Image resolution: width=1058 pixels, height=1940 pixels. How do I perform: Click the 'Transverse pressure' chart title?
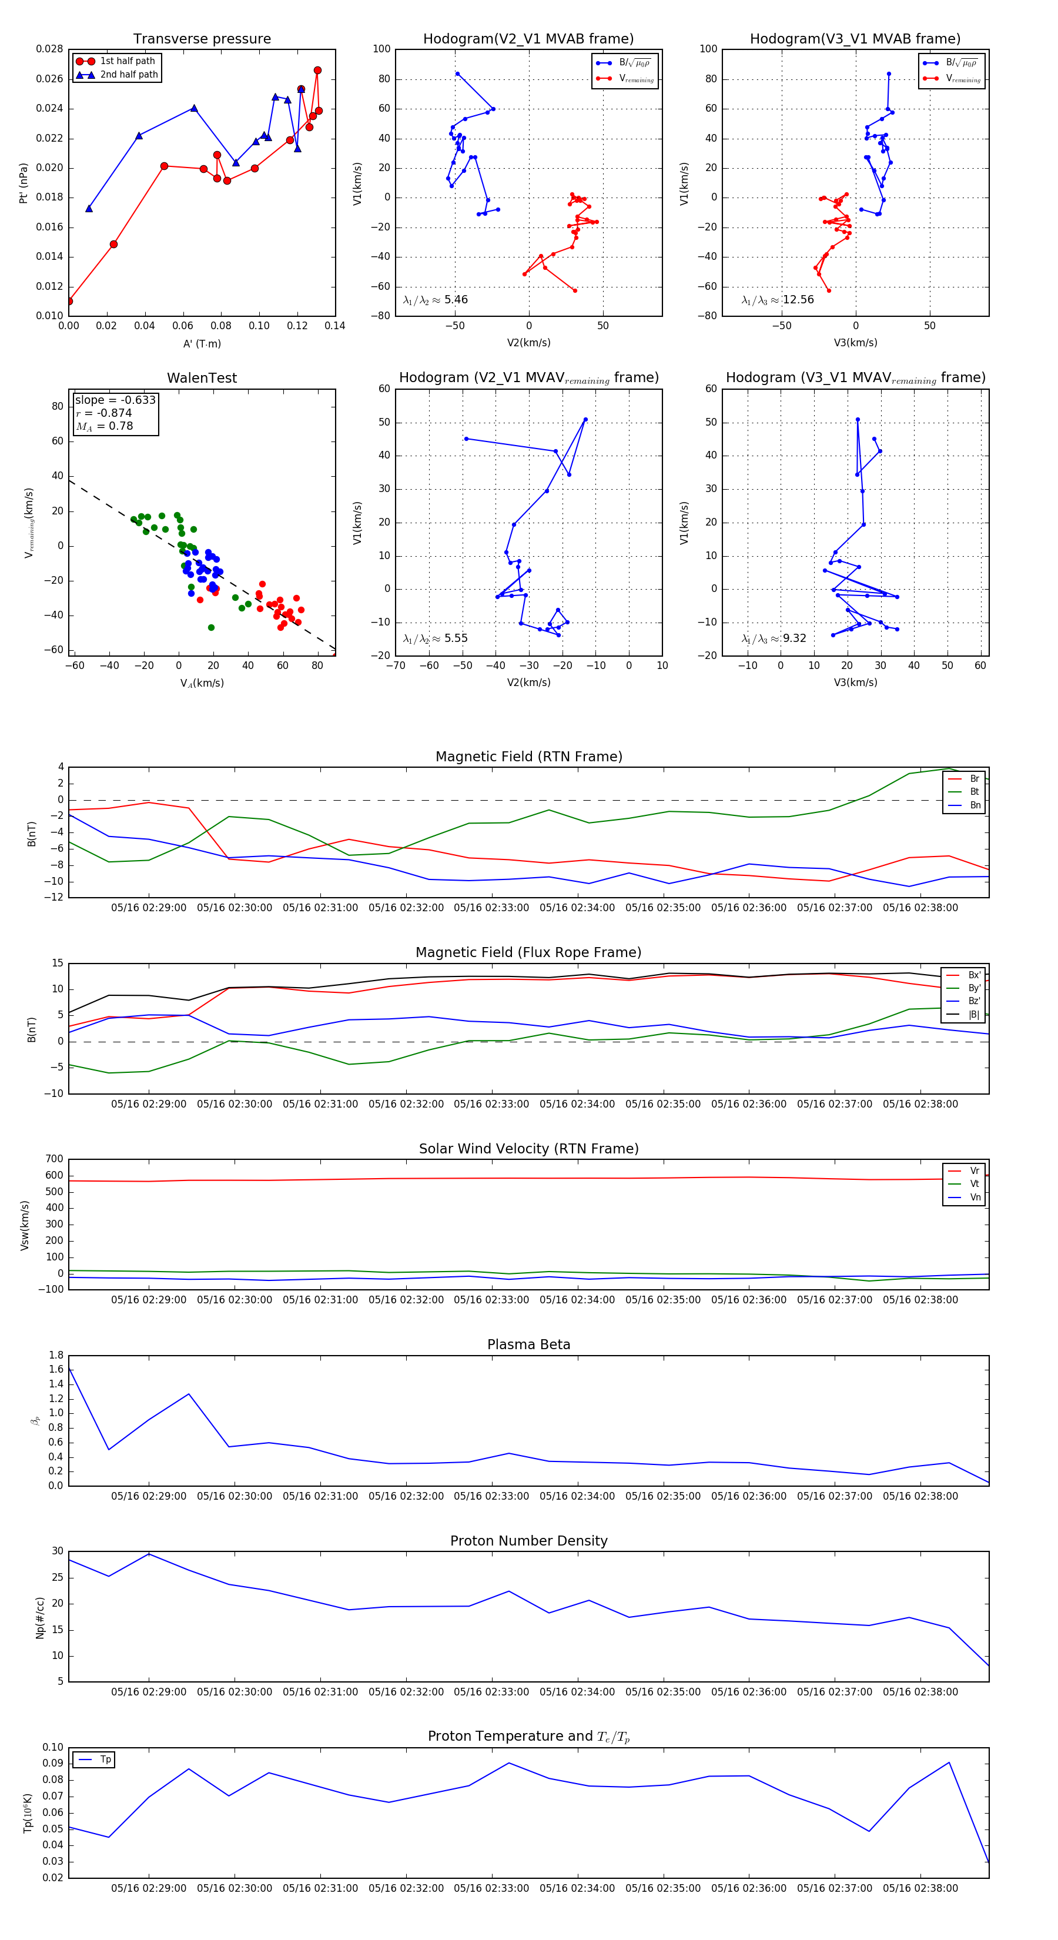point(202,39)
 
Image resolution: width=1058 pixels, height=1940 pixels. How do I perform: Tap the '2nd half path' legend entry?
point(129,75)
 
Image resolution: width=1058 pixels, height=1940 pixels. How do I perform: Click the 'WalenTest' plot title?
point(202,378)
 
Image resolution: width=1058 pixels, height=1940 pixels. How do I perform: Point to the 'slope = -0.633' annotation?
point(115,400)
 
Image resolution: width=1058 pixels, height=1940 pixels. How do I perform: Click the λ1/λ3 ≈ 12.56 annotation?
point(778,300)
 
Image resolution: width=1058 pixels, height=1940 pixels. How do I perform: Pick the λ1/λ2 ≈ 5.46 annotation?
point(435,300)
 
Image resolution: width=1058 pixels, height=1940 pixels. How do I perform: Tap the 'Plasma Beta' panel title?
point(528,1345)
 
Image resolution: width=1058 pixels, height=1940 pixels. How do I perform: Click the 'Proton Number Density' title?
point(528,1541)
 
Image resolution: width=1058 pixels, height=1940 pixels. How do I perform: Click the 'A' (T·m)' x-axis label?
point(202,343)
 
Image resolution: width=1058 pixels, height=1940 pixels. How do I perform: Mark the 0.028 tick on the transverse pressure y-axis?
point(50,49)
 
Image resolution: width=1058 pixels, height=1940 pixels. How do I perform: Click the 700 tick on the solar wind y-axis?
point(54,1159)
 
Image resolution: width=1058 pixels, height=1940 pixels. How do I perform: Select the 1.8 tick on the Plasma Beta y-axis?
point(56,1355)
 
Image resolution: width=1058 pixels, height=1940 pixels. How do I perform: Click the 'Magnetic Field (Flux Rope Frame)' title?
point(528,953)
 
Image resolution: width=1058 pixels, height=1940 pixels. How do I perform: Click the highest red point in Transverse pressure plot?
point(317,71)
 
